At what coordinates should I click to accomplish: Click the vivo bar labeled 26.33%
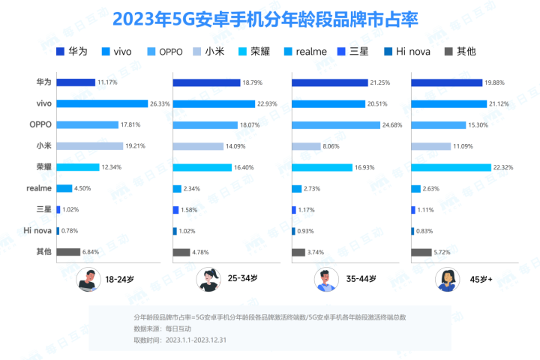pos(102,103)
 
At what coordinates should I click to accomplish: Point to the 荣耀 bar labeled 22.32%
pos(451,166)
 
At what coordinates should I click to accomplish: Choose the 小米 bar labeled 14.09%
pos(199,145)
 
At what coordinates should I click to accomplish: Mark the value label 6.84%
pos(92,252)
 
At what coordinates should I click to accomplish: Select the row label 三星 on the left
pos(43,209)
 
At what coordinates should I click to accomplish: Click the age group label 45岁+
pos(480,279)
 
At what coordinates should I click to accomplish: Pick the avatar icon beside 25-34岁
pos(208,280)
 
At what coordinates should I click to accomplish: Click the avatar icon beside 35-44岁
pos(325,280)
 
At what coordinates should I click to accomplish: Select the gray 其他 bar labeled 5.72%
pos(420,252)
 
